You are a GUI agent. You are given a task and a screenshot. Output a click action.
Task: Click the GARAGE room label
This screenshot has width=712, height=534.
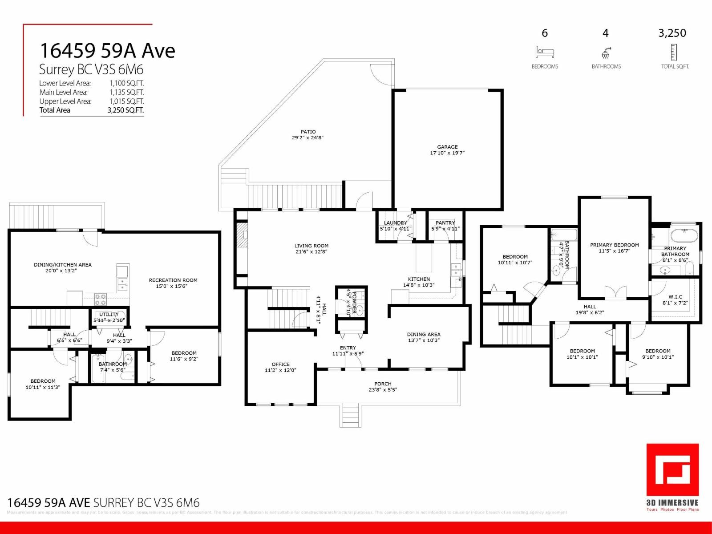coord(447,147)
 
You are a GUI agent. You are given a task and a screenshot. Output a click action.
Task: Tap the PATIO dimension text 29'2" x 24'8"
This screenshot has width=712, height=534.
coord(307,138)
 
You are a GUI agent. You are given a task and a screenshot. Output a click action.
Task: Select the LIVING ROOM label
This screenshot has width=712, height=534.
coord(311,246)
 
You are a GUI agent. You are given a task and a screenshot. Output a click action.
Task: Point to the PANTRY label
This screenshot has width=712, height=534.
coord(445,223)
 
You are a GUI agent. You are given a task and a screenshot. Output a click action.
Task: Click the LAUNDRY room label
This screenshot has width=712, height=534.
coord(395,223)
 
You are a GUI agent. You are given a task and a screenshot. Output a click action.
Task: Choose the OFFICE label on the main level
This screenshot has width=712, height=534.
coord(280,364)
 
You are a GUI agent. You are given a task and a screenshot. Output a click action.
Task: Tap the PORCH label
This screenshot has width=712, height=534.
coord(383,384)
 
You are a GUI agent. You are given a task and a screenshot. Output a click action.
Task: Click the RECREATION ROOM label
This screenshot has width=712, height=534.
coord(173,280)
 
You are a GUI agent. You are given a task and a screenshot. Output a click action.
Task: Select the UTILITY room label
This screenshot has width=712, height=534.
coord(109,315)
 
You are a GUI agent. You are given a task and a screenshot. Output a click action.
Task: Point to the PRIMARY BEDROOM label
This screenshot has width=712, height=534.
coord(614,245)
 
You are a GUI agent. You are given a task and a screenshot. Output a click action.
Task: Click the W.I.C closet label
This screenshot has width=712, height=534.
coord(675,297)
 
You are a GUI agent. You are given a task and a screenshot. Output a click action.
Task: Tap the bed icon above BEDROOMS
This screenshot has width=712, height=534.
coord(545,53)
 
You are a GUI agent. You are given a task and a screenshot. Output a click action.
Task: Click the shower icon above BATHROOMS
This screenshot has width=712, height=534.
coord(606,53)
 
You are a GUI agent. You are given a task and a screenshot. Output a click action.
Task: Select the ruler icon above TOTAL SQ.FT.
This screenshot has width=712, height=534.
coord(674,53)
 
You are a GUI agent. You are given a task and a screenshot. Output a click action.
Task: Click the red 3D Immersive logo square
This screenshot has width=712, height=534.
coord(672,470)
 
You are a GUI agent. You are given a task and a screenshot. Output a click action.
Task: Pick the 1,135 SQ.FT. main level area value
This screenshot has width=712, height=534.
coord(126,93)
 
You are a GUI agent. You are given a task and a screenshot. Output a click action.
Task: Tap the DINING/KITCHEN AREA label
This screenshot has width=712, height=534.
coord(63,265)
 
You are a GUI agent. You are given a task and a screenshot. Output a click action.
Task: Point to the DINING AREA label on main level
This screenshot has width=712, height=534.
coord(423,335)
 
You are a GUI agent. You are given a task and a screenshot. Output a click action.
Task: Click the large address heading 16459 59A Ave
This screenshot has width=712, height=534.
coord(107,51)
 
